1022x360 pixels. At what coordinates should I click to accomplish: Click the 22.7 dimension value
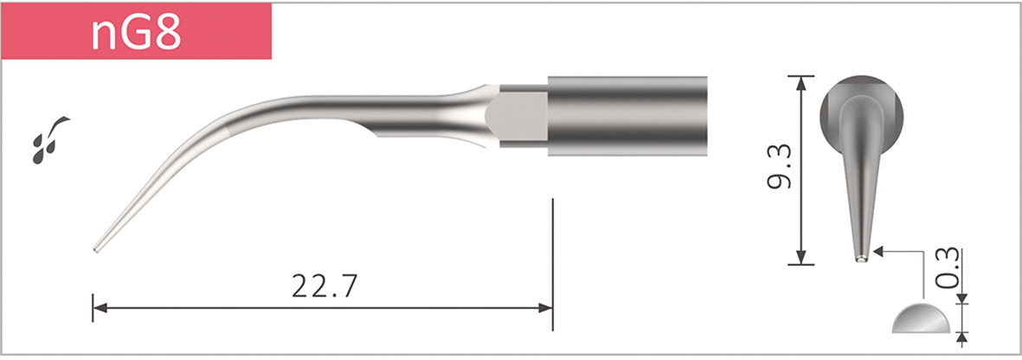pyautogui.click(x=322, y=286)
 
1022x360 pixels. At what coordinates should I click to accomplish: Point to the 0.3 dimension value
pyautogui.click(x=948, y=267)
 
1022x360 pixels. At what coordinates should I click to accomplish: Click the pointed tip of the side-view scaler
pyautogui.click(x=95, y=250)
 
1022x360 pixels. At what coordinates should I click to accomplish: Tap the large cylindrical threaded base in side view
pyautogui.click(x=627, y=115)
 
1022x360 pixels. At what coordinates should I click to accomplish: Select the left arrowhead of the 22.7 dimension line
pyautogui.click(x=99, y=307)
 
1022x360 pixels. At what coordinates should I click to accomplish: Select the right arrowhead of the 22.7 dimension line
pyautogui.click(x=546, y=307)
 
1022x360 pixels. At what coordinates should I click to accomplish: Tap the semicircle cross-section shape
pyautogui.click(x=920, y=319)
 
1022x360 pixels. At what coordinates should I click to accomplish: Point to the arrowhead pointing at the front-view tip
pyautogui.click(x=879, y=251)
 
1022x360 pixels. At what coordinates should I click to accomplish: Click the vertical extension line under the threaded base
pyautogui.click(x=552, y=260)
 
